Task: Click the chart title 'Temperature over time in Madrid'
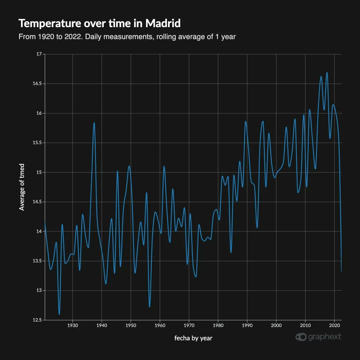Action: (x=100, y=24)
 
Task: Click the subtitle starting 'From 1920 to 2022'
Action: (x=127, y=37)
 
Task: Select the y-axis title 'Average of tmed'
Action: (x=22, y=187)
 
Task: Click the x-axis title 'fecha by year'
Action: (x=193, y=338)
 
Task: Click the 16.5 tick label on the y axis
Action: (x=37, y=84)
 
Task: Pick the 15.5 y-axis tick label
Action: (x=37, y=143)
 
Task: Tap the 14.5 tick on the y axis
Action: (x=37, y=202)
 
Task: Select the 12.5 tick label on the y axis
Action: (x=37, y=320)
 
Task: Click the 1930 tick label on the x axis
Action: (x=72, y=325)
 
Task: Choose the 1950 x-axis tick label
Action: (x=131, y=325)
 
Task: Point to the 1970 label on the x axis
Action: (x=189, y=325)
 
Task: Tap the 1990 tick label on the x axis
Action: (x=247, y=325)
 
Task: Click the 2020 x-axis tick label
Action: (x=334, y=325)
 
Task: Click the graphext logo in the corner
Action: (x=318, y=337)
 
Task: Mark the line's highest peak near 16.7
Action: (x=327, y=73)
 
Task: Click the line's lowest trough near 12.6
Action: (x=59, y=314)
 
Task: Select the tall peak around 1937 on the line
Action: (x=94, y=123)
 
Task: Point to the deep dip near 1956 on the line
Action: (x=149, y=307)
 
